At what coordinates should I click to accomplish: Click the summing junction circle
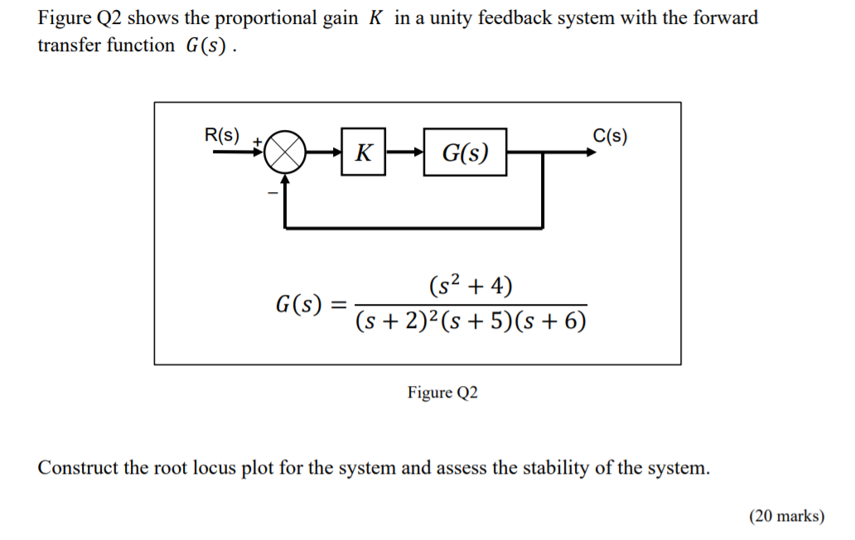click(x=285, y=153)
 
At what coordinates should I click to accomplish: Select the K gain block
click(x=363, y=153)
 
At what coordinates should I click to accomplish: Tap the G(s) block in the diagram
click(x=465, y=152)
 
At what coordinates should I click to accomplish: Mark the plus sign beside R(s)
click(x=257, y=142)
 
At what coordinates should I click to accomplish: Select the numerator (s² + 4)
click(x=471, y=287)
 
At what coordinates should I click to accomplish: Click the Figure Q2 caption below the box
click(x=442, y=393)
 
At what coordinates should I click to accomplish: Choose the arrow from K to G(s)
click(x=404, y=153)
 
